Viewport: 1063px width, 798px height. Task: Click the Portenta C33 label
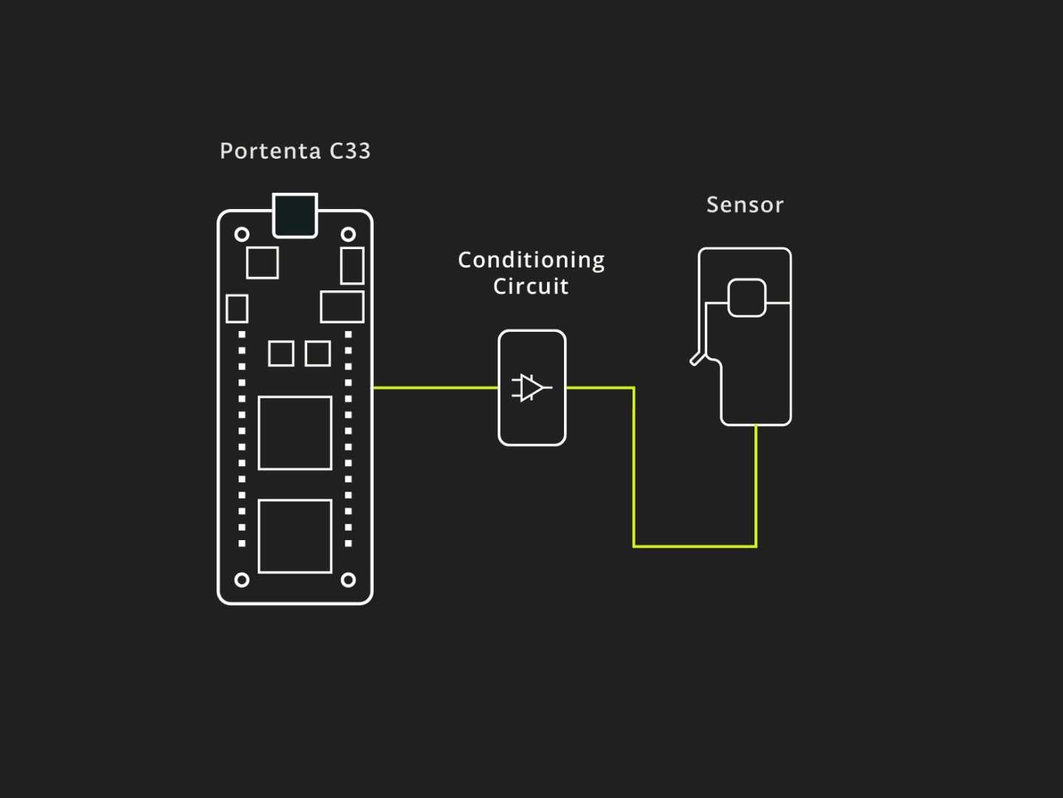click(x=295, y=151)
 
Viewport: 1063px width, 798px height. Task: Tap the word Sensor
click(x=744, y=205)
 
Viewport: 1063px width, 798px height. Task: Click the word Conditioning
click(x=531, y=260)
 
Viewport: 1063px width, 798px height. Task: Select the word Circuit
click(x=531, y=287)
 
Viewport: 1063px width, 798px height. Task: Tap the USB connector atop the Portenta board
click(x=295, y=215)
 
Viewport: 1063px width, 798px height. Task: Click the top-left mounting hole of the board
click(x=241, y=234)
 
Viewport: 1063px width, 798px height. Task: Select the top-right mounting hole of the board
click(x=348, y=234)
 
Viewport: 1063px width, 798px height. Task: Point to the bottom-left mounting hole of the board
click(x=241, y=580)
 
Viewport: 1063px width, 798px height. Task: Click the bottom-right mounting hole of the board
click(x=348, y=580)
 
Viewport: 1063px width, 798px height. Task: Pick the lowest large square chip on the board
click(x=295, y=536)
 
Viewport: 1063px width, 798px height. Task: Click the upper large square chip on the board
click(x=295, y=433)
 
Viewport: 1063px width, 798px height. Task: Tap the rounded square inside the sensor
click(x=746, y=297)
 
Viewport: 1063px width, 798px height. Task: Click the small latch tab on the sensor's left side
click(x=696, y=360)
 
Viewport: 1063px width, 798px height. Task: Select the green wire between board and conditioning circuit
click(x=436, y=387)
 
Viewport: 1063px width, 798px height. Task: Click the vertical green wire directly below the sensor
click(x=756, y=484)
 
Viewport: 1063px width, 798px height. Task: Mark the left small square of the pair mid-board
click(x=281, y=353)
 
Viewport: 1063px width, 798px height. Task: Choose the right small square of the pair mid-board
click(x=317, y=353)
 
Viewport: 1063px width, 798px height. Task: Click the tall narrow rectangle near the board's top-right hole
click(x=352, y=265)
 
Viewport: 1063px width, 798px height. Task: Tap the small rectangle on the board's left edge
click(x=236, y=308)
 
